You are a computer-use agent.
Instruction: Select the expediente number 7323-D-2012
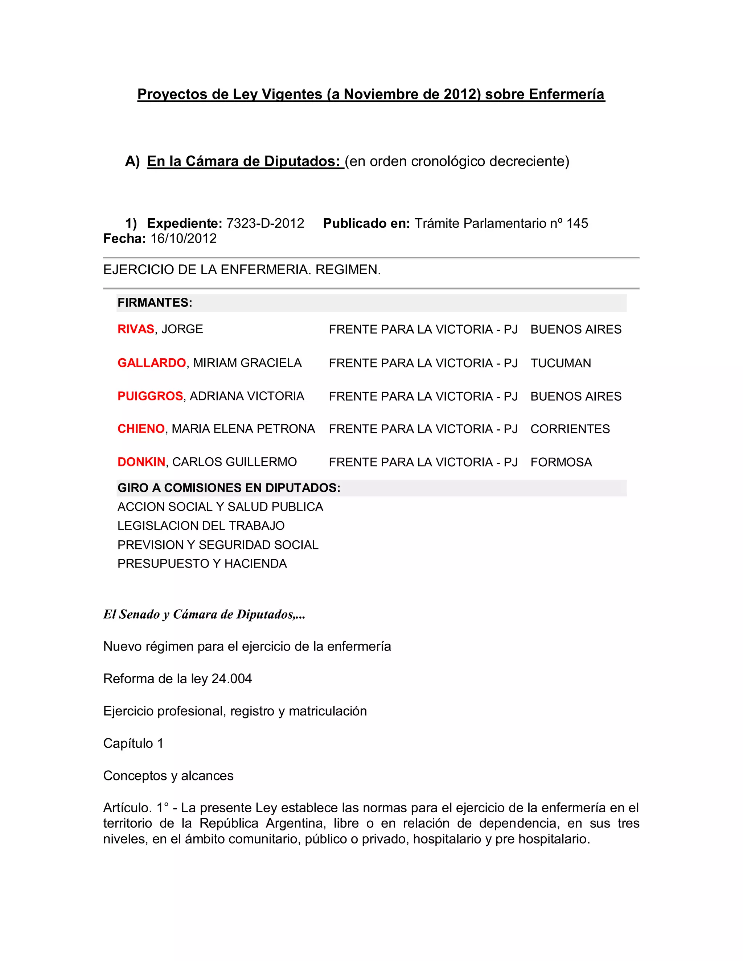265,223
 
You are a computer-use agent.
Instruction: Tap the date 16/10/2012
184,239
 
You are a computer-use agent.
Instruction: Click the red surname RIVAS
136,329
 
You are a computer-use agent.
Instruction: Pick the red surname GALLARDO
151,363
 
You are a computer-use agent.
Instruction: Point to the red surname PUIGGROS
150,396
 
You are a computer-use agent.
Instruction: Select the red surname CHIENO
141,429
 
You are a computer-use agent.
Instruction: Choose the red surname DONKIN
141,462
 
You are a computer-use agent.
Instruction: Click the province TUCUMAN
560,363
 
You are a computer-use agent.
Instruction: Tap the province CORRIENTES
570,429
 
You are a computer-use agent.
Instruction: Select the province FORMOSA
561,462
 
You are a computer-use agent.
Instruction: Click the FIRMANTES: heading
155,303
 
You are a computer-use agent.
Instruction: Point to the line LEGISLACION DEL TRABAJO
201,526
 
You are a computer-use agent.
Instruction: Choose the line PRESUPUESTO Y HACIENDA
202,564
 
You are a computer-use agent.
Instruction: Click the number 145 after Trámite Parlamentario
577,223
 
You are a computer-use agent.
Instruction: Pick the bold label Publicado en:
366,223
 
